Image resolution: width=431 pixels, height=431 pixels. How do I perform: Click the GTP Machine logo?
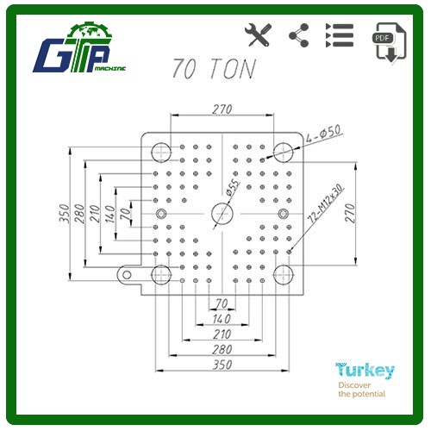coord(79,48)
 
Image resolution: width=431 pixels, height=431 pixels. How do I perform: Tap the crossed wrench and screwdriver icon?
coord(258,35)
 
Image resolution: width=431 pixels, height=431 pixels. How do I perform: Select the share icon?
coord(299,35)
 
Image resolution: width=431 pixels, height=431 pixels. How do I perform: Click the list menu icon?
coord(340,35)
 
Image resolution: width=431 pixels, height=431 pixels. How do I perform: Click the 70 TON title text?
coord(214,68)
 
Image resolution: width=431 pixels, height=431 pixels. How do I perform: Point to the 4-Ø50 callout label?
coord(324,134)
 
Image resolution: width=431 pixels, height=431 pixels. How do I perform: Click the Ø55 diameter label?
coord(232,187)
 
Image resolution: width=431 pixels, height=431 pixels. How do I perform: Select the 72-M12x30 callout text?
coord(326,203)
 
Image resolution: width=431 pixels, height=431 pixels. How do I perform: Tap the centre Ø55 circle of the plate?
coord(222,214)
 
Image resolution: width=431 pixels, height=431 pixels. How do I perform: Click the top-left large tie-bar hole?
coord(161,152)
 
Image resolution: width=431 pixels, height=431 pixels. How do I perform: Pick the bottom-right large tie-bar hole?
coord(284,275)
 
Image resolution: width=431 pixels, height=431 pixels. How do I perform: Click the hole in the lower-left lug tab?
coord(127,275)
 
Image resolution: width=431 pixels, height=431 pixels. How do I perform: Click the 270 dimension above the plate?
coord(222,109)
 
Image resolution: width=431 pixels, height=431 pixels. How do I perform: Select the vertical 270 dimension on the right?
coord(350,213)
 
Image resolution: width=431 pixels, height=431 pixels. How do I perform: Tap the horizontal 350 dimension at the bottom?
coord(222,365)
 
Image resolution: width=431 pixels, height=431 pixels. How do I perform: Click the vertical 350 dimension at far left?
coord(64,214)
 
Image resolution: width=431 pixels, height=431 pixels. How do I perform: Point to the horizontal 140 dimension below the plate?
coord(222,319)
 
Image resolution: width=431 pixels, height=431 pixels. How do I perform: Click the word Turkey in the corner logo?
coord(365,371)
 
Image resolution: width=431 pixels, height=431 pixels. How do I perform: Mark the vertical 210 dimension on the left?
coord(95,214)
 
